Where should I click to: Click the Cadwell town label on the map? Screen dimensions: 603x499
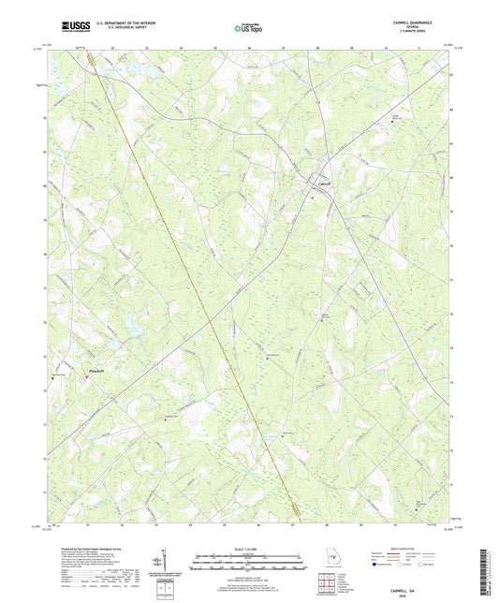pyautogui.click(x=323, y=183)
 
